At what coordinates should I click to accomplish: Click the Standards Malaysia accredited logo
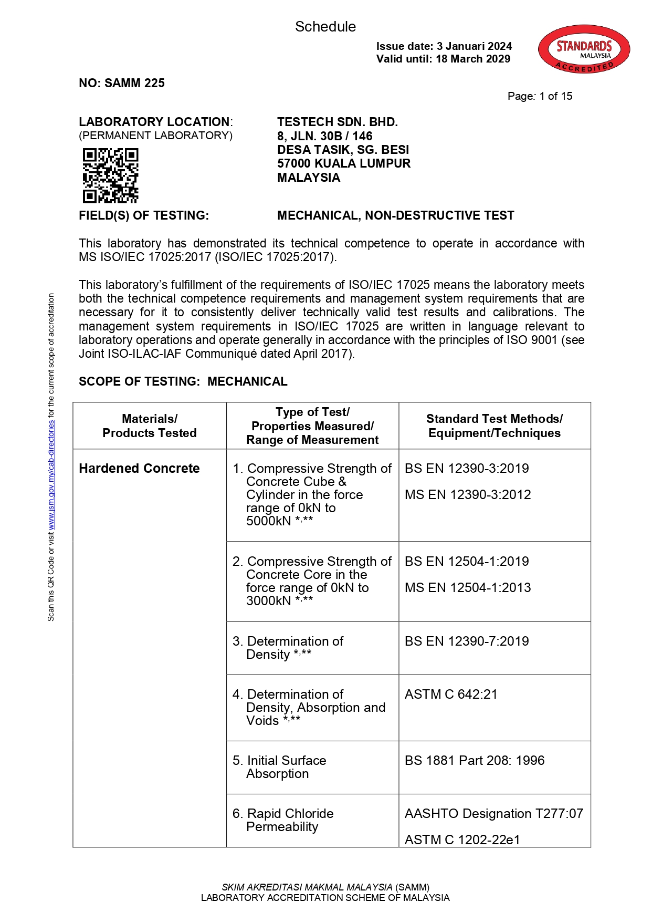point(584,49)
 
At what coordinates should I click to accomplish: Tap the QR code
point(110,175)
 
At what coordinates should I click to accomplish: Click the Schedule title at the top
point(325,27)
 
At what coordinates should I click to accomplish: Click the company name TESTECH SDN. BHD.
point(338,122)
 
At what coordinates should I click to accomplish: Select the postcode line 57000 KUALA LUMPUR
point(344,163)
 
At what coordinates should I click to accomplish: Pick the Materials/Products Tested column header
point(150,426)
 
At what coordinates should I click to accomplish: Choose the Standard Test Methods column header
point(494,426)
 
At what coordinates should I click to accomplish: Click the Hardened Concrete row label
point(139,468)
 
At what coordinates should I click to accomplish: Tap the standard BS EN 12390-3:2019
point(467,468)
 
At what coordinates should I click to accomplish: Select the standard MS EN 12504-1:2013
point(468,587)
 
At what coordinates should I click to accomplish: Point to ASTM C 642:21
point(451,694)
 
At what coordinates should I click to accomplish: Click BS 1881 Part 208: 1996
point(475,760)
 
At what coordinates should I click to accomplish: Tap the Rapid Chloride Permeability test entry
point(283,820)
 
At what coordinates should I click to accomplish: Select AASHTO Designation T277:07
point(493,813)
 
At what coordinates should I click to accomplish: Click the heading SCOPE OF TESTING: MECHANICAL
point(183,381)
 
